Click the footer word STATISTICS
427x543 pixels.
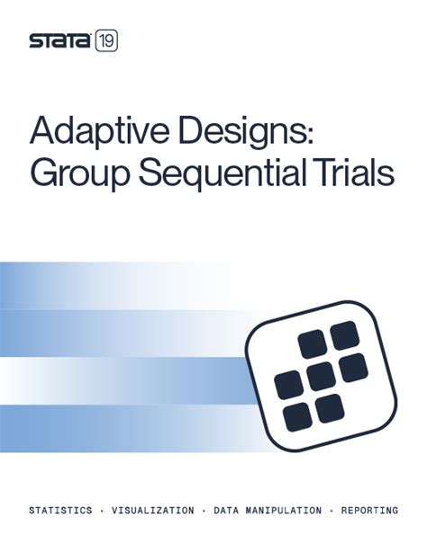coord(60,511)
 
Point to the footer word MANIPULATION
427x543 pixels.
coord(290,511)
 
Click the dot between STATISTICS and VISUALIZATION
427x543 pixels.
coord(102,511)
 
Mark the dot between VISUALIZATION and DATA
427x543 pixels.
coord(204,511)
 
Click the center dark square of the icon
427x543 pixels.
coord(318,373)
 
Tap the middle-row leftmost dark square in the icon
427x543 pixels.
coord(288,384)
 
